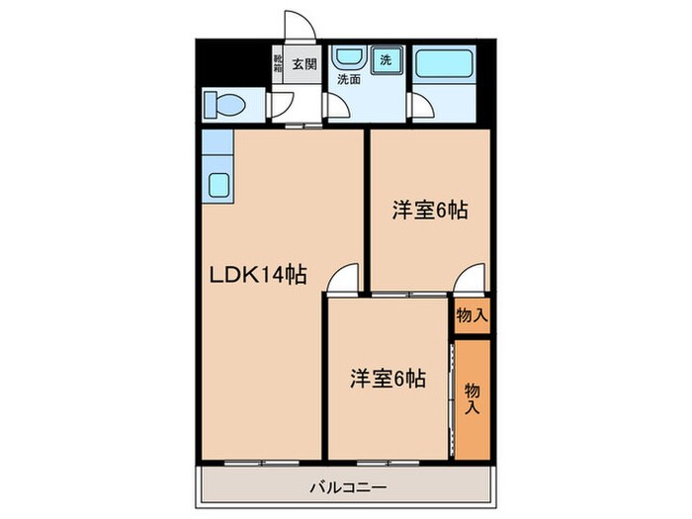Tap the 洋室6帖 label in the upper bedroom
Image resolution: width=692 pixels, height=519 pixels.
pos(429,210)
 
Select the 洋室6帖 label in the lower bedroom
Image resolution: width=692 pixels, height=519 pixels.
pos(388,378)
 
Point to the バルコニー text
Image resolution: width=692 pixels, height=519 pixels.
pos(346,485)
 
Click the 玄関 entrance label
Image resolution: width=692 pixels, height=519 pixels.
pos(304,64)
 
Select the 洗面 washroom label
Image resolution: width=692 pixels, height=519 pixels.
pos(347,79)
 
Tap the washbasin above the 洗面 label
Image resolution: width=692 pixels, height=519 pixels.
pos(347,56)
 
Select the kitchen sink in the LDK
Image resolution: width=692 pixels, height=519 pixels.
pos(218,183)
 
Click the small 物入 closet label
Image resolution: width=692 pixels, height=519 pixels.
pos(471,315)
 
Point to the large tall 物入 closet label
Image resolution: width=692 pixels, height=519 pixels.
pos(473,398)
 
